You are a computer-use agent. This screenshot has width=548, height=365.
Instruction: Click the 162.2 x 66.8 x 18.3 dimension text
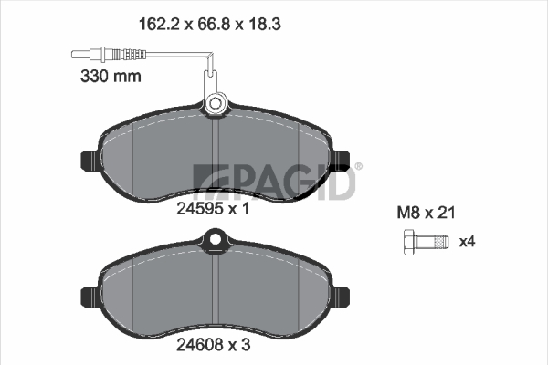(x=210, y=24)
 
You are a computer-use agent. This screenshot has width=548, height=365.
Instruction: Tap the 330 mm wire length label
(x=111, y=76)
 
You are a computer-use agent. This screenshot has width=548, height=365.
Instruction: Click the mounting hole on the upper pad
(x=216, y=103)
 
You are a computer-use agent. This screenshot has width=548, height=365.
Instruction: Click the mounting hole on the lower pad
(x=216, y=239)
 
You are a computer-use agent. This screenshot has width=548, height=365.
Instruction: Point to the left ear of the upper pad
(x=90, y=161)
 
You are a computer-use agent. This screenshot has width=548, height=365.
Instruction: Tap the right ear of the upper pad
(x=341, y=161)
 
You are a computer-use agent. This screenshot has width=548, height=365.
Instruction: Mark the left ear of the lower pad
(x=90, y=298)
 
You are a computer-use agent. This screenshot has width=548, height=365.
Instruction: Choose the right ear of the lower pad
(x=341, y=298)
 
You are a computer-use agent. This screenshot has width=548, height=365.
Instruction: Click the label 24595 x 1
(x=213, y=209)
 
